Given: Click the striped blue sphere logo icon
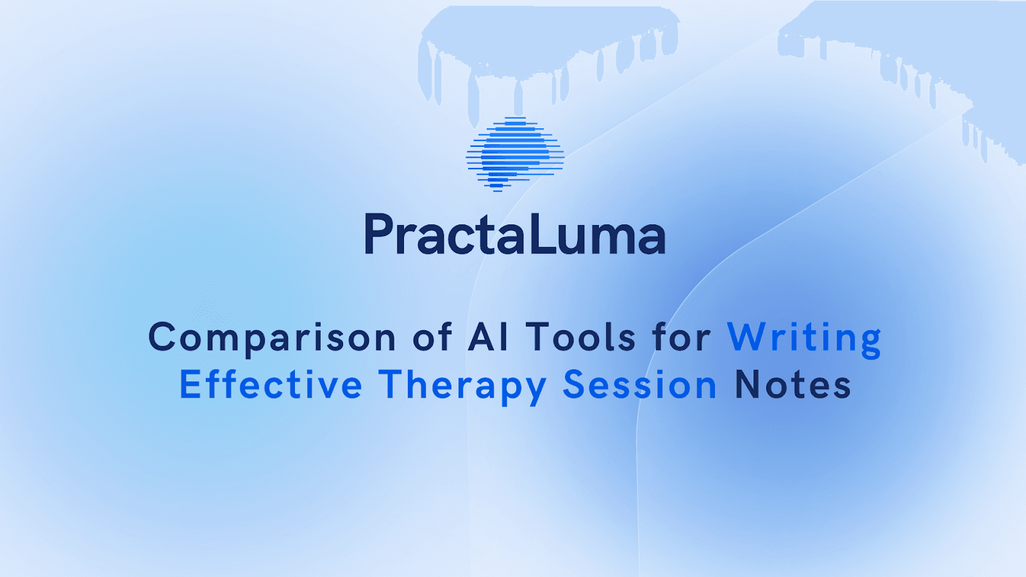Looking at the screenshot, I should (515, 155).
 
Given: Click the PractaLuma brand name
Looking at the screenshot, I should (515, 235).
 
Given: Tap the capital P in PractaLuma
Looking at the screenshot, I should (378, 235).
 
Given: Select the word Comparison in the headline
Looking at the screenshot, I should (272, 338).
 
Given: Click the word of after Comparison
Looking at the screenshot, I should (432, 338).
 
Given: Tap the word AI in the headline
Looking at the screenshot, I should (489, 338).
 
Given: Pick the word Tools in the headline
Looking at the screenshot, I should (581, 338).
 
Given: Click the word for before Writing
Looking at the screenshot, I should (682, 338).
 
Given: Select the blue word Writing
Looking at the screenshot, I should (804, 338).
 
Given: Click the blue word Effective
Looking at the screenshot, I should (271, 385).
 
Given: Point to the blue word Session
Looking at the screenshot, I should (639, 385).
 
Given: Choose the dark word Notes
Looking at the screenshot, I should (793, 385).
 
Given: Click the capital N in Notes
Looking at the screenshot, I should (749, 385).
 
